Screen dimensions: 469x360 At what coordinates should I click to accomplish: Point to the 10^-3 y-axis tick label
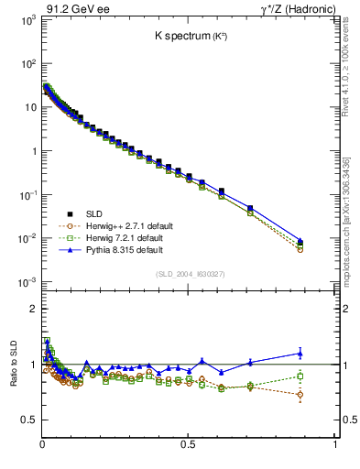[26, 282]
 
